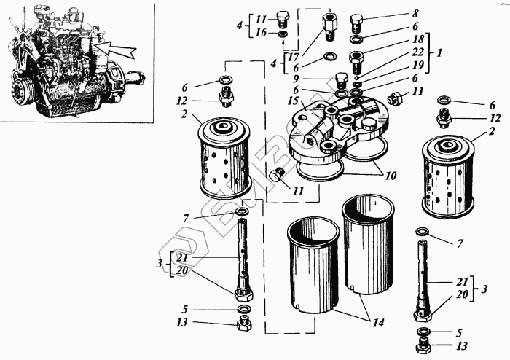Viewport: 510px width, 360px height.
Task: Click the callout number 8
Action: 415,13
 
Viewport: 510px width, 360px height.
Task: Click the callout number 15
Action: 293,100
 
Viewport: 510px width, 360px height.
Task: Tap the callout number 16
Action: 262,34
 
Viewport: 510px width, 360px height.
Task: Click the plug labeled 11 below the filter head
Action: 277,176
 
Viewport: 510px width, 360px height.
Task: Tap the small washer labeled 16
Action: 283,34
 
